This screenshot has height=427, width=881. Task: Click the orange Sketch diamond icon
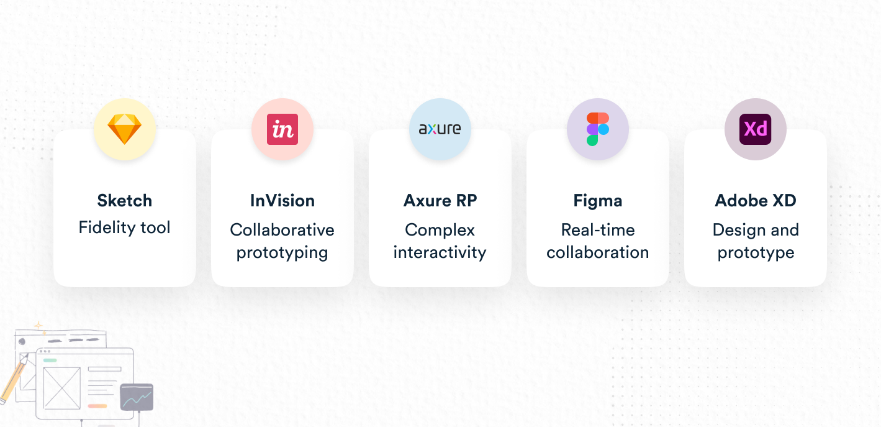pos(125,129)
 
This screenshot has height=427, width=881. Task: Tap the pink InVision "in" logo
pos(282,129)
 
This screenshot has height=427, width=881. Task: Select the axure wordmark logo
pos(440,129)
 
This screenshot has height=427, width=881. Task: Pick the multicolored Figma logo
pos(598,129)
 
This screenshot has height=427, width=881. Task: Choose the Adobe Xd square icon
pos(756,129)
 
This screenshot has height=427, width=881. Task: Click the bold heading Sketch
pos(125,201)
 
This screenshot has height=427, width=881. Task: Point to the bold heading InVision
pos(282,201)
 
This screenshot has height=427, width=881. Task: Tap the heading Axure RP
pos(440,201)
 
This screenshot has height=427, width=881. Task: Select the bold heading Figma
pos(598,201)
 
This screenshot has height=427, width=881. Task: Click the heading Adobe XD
pos(756,201)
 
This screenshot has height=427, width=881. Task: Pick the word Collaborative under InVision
pos(282,230)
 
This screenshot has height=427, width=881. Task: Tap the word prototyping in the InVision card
pos(282,253)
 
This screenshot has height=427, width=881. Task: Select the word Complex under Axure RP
pos(440,230)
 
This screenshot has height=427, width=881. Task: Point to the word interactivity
pos(440,252)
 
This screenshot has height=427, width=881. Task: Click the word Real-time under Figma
pos(598,230)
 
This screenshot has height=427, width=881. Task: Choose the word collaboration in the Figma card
pos(598,252)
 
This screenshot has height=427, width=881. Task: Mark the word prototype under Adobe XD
pos(756,253)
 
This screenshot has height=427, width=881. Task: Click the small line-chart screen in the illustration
pos(137,397)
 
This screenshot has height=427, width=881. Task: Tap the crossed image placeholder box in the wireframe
pos(61,388)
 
